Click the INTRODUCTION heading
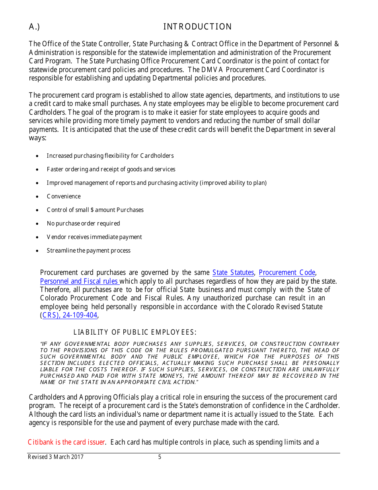tap(197, 27)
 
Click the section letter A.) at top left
tap(34, 27)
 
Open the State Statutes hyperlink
tap(233, 272)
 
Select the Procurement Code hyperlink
tap(287, 272)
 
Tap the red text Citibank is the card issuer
tap(66, 442)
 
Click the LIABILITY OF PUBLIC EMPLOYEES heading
tap(135, 332)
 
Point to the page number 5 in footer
tap(160, 457)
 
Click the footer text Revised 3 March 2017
tap(56, 457)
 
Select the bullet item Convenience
tap(64, 196)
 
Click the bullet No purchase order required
tap(83, 223)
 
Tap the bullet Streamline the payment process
tap(88, 251)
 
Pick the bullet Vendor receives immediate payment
tap(94, 237)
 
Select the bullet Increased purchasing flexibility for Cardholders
tap(110, 156)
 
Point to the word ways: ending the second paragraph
tap(38, 138)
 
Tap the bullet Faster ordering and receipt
tap(111, 169)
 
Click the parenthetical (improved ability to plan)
tap(233, 183)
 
